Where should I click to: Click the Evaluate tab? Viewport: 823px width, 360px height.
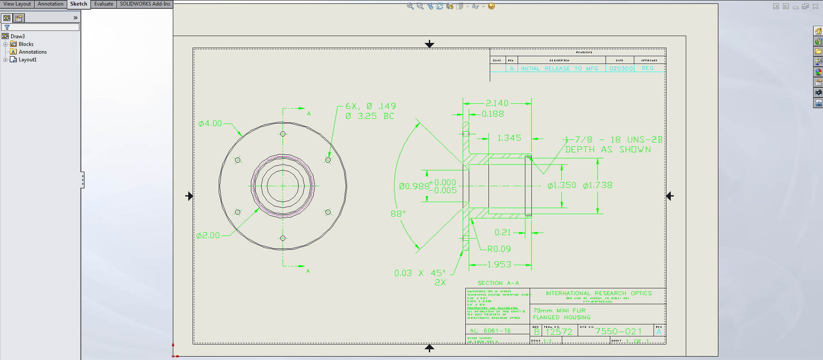(x=104, y=4)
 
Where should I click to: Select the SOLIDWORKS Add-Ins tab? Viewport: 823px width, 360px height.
(x=145, y=4)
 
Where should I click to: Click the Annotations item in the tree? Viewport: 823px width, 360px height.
(x=33, y=52)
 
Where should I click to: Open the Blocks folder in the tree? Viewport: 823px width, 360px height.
(x=26, y=44)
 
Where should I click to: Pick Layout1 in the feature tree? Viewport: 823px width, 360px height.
(x=27, y=60)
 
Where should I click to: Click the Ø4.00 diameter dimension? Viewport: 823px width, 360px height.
(x=210, y=124)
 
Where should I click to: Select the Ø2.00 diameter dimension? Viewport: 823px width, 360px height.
(x=208, y=236)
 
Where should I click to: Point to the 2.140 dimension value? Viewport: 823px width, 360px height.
(x=497, y=103)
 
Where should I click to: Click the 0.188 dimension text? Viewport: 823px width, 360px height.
(x=493, y=114)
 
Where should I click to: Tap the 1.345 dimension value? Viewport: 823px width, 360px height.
(x=509, y=138)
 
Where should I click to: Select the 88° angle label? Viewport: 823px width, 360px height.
(x=398, y=214)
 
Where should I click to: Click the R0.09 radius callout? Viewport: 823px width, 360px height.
(x=499, y=249)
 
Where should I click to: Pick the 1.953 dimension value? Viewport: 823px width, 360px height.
(x=499, y=265)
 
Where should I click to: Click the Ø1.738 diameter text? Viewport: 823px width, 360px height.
(x=597, y=185)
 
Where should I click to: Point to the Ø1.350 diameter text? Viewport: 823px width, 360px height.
(x=561, y=185)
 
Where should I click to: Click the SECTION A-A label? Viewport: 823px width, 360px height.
(x=498, y=283)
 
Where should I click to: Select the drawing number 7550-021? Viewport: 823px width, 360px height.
(x=618, y=331)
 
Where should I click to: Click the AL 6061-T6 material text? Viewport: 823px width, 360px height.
(x=490, y=331)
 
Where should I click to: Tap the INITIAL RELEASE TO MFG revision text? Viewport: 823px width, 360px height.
(x=559, y=69)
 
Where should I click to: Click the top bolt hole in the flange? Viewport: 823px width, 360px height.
(x=283, y=134)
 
